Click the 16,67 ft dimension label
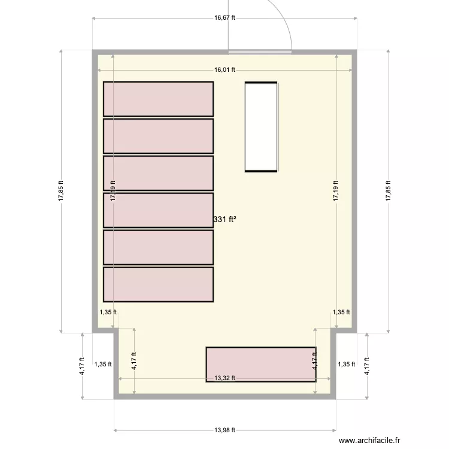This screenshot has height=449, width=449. point(224,18)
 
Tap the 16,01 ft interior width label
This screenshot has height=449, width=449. point(224,69)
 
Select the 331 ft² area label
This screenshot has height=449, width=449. point(224,220)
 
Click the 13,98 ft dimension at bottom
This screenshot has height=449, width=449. point(224,430)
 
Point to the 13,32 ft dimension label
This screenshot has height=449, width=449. point(224,378)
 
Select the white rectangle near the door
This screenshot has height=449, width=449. point(261,127)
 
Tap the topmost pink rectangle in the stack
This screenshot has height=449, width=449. point(158,99)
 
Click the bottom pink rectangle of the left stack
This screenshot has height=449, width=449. point(158,284)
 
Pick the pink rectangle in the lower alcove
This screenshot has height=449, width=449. point(261,364)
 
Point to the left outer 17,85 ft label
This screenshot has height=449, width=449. point(62,192)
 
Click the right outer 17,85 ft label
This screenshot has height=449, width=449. point(389,192)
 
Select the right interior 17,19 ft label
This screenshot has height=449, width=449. point(336,192)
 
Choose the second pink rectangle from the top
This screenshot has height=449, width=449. point(158,136)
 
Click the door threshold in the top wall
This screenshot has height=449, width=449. point(260,52)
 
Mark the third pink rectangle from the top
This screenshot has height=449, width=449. point(158,173)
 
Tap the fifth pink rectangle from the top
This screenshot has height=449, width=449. point(158,247)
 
